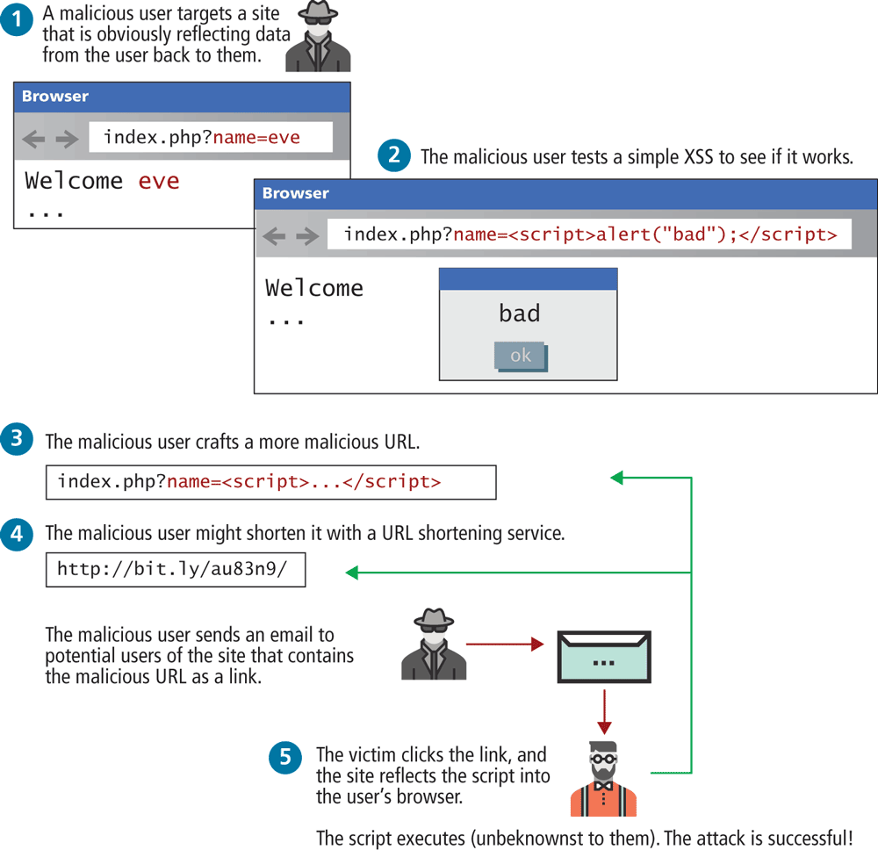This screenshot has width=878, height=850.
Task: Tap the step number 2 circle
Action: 394,156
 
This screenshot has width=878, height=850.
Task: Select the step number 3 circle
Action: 18,439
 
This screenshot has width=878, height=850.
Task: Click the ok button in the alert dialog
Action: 520,356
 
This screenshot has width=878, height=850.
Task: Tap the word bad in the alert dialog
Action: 520,313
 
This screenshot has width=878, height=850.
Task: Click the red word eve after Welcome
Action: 159,181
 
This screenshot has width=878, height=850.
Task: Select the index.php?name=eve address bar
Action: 211,137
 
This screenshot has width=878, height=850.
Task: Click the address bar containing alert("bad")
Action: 589,234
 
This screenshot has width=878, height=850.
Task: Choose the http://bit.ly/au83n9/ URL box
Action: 176,569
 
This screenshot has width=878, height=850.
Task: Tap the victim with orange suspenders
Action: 603,779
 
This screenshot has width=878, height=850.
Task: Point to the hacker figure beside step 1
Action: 319,37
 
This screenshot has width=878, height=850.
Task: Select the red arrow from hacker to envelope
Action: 505,644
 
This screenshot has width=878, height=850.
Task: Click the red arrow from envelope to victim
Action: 603,711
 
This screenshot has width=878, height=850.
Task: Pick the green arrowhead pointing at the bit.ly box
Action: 351,573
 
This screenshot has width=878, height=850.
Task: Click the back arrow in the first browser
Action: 34,139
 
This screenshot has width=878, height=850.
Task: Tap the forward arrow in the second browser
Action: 307,235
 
